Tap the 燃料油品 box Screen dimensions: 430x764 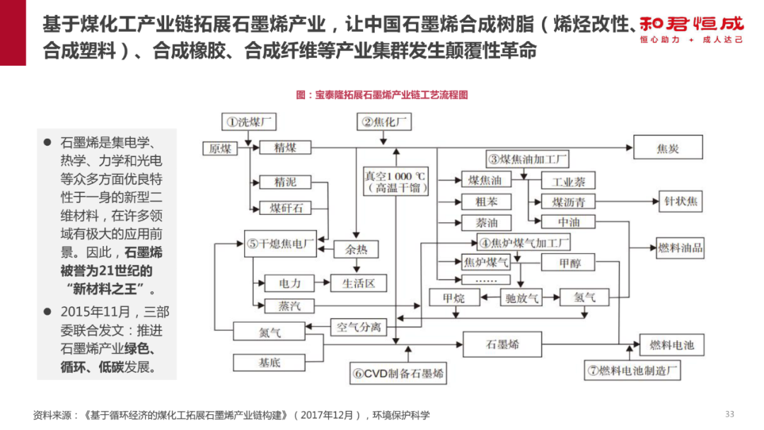pos(680,248)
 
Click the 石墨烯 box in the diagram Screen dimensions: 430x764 pos(502,344)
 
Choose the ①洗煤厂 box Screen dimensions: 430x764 pos(248,121)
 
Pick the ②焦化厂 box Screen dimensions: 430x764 pos(386,122)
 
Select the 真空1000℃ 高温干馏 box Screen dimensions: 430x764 pos(395,182)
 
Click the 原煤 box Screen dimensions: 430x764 pos(220,148)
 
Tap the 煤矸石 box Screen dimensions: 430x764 pos(285,207)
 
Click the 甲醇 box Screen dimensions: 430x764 pos(569,263)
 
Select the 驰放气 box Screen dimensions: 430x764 pos(522,298)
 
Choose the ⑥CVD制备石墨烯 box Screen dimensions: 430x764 pos(399,373)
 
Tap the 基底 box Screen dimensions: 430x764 pos(269,362)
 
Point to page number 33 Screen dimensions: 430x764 pos(730,414)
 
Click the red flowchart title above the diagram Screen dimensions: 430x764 pos(382,94)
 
